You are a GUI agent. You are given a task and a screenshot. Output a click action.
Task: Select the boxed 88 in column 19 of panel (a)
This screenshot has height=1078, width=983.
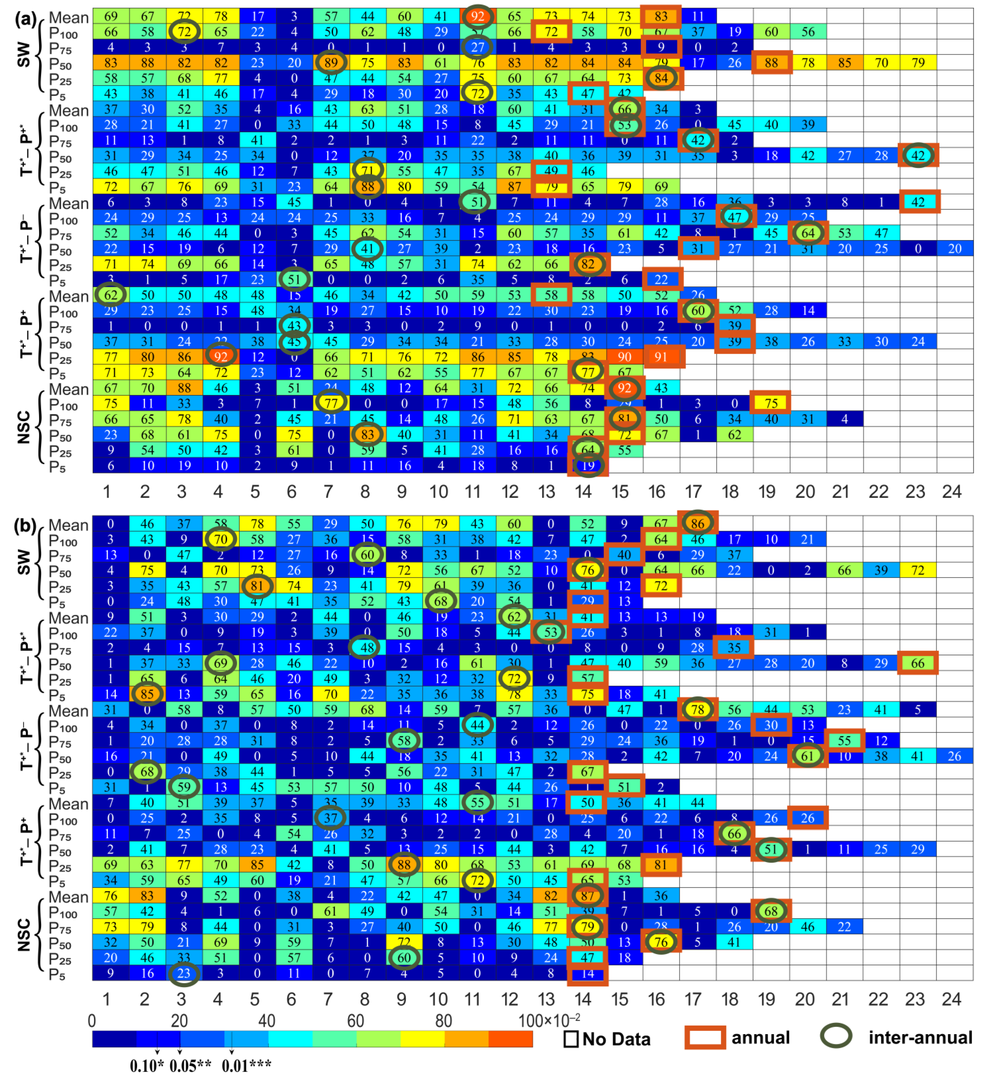[x=771, y=62]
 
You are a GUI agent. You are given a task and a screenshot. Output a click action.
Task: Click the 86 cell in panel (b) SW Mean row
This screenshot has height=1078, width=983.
[x=698, y=523]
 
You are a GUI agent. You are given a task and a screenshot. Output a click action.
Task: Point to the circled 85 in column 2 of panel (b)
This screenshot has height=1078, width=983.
[x=147, y=694]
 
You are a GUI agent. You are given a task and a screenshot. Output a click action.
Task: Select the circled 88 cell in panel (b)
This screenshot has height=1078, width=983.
[x=404, y=865]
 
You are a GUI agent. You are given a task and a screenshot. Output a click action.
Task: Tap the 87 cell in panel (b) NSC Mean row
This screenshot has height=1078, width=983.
[x=588, y=896]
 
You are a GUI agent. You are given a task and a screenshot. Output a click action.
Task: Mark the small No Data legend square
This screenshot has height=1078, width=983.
[x=571, y=1039]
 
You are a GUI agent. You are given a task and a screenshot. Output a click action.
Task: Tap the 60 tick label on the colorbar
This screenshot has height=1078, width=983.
[x=356, y=1021]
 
